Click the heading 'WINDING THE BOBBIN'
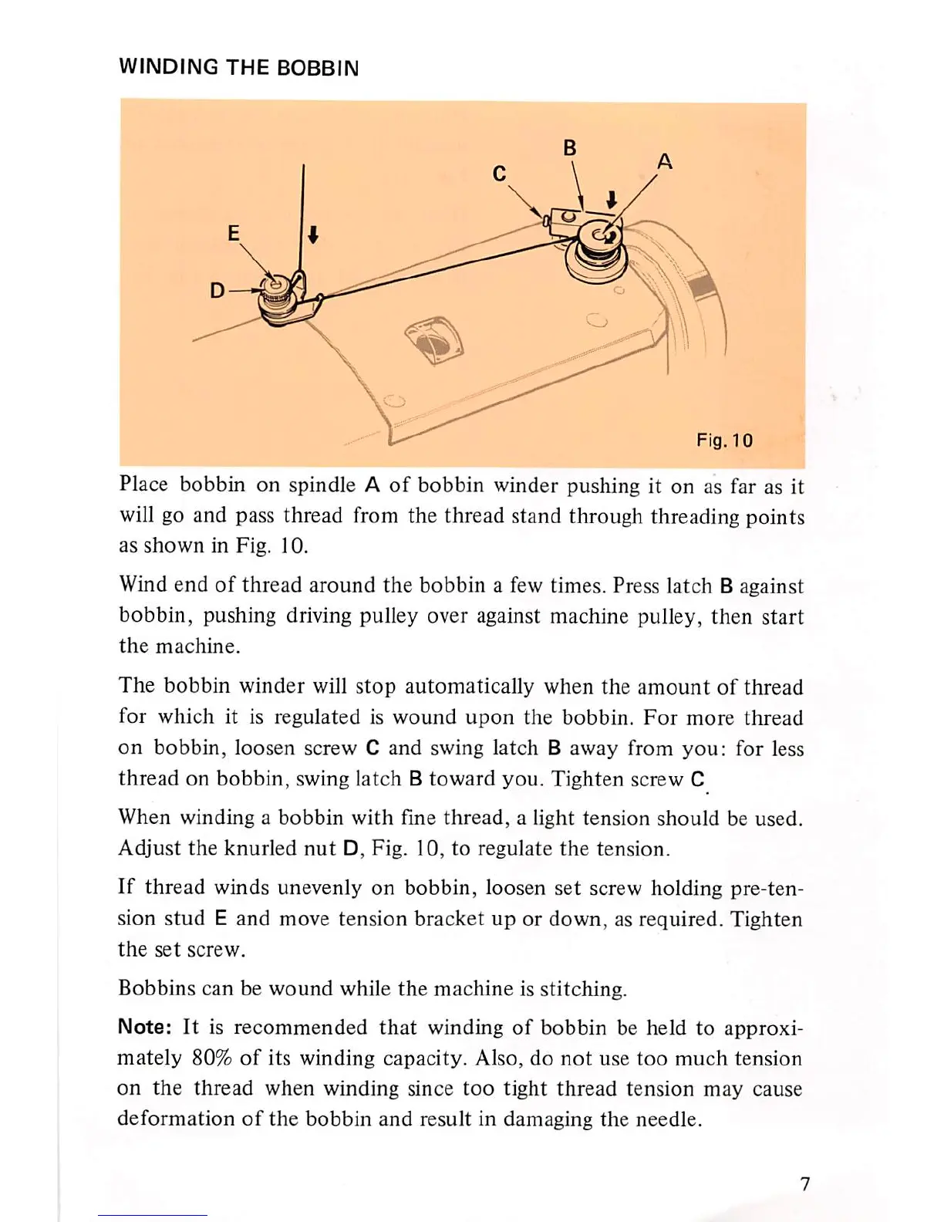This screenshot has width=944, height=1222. pos(238,68)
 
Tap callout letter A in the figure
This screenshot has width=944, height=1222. pos(665,161)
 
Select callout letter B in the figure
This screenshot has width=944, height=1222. pos(570,147)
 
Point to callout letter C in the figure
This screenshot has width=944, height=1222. pos(499,174)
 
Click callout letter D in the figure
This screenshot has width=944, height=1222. pos(217,291)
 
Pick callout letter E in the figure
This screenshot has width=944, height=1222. pos(234,233)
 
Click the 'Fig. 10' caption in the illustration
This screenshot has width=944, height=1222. pos(724,441)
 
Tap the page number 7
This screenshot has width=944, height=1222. pos(804,1184)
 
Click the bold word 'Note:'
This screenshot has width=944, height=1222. pos(145,1028)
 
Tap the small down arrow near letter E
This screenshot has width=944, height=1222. pos(313,234)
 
